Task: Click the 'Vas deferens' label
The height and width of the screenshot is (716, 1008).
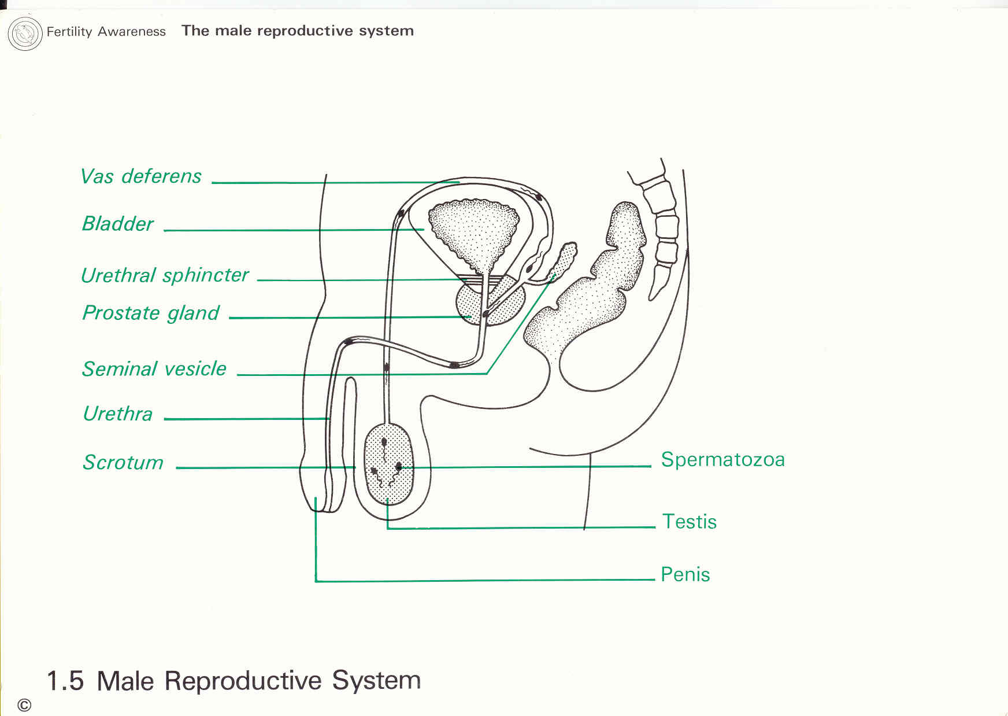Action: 141,176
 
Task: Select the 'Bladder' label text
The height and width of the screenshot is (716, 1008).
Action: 118,224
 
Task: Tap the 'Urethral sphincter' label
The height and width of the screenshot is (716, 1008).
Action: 165,275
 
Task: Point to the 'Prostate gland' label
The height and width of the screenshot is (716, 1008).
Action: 151,313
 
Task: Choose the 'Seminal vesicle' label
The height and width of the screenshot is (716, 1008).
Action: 154,368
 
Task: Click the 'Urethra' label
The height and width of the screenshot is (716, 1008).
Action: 118,414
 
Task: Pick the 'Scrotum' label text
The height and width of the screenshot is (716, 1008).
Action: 123,462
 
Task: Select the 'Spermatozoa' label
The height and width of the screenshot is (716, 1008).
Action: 722,459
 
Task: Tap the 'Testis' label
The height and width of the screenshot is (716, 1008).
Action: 689,521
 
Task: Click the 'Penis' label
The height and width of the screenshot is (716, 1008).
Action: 685,574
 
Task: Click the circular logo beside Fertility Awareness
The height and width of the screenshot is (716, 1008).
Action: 25,33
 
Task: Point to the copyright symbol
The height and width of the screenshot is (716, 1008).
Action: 24,705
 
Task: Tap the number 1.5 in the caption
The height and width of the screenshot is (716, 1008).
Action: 65,681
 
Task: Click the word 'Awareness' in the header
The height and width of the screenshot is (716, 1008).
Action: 132,31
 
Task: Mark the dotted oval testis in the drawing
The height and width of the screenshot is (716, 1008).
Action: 389,463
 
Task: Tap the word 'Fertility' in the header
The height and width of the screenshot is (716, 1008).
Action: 69,31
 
